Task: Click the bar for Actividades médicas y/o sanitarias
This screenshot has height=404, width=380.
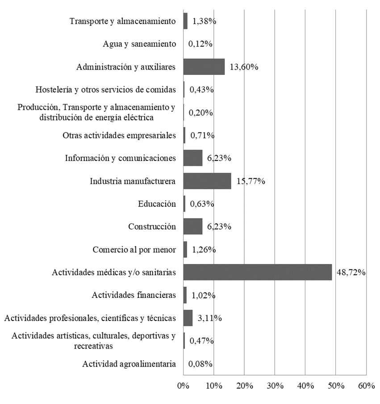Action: pos(258,272)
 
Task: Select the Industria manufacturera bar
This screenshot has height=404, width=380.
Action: pos(207,181)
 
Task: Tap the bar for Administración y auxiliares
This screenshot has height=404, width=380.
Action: pos(204,67)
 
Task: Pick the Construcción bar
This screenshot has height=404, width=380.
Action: pos(193,227)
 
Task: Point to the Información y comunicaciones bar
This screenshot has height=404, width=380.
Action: pos(193,158)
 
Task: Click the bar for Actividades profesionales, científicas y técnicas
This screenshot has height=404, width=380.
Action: pos(188,318)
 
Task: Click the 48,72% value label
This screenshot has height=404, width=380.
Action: pos(351,272)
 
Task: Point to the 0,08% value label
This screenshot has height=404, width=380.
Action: pos(200,364)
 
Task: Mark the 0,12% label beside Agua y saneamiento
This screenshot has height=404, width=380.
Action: pos(200,44)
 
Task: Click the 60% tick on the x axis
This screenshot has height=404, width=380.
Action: pos(366,386)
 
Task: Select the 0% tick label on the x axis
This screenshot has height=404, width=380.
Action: pos(183,386)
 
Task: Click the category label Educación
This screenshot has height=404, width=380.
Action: pos(157,204)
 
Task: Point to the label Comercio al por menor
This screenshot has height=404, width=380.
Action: pos(134,249)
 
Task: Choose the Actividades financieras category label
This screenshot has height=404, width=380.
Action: pos(134,295)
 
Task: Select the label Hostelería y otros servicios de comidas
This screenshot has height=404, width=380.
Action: pos(105,90)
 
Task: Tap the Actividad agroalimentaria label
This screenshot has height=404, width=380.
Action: pos(129,364)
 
